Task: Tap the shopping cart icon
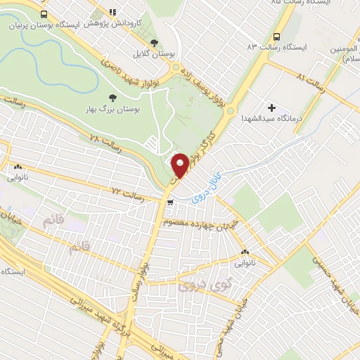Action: tap(169, 203)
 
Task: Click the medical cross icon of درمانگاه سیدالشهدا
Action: tap(271, 108)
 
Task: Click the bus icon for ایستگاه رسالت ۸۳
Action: tap(276, 36)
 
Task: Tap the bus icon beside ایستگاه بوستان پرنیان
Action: tap(44, 14)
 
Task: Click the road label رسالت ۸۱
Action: tap(311, 85)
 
